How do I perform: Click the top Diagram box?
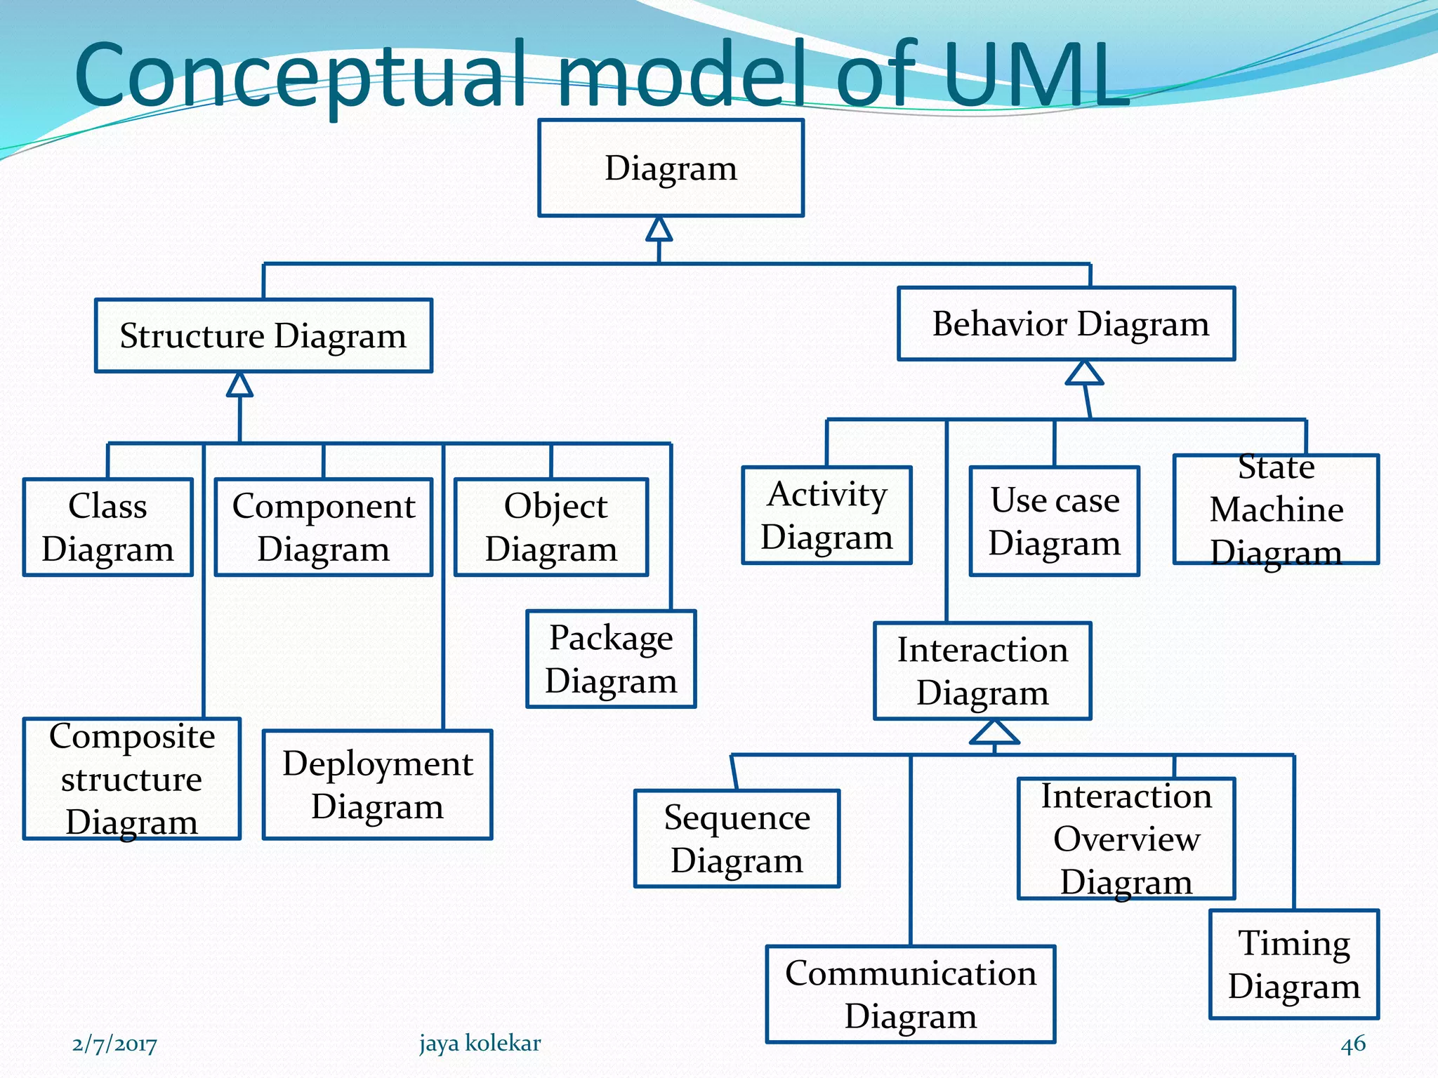671,168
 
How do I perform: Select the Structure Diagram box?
263,335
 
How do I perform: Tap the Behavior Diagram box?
1066,324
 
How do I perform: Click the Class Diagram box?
107,527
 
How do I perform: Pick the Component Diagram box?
323,527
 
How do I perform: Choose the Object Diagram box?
551,527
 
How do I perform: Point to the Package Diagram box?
611,659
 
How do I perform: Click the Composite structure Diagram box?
132,778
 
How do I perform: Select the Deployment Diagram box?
377,785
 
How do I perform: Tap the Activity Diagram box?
826,515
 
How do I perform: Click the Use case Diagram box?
1054,521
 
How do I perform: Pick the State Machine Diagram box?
1276,510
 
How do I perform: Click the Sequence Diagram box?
737,839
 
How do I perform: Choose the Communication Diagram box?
910,994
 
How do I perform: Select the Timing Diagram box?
1293,964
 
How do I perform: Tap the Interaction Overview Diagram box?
1126,839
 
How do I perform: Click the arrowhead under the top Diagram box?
659,230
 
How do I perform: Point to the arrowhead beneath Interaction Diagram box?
994,733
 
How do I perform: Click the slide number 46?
1352,1044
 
